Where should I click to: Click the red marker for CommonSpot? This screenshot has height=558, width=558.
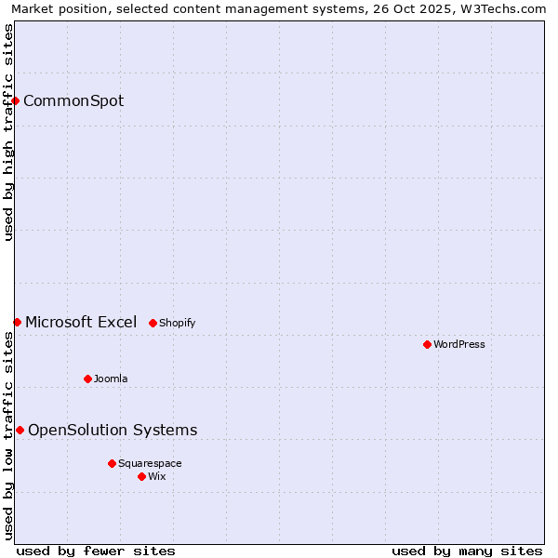(16, 100)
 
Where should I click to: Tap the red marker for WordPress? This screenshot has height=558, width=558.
(427, 344)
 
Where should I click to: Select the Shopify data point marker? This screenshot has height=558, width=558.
(153, 323)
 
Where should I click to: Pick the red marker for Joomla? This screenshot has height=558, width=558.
(87, 379)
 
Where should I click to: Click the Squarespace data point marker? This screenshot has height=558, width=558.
(112, 463)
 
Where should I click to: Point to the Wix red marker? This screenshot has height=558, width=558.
(141, 476)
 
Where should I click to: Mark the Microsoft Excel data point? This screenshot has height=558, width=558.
(17, 322)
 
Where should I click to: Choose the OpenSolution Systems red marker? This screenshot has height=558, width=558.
(20, 430)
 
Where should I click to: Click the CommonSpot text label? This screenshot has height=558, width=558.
(73, 100)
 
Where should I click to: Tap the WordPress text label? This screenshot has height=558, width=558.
(459, 344)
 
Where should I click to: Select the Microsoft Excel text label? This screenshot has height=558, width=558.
(81, 322)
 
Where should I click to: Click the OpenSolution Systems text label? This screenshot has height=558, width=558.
(113, 430)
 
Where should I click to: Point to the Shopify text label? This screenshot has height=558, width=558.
(177, 323)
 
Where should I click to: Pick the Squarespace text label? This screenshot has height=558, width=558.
(150, 463)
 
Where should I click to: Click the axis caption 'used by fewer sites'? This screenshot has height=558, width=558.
(96, 551)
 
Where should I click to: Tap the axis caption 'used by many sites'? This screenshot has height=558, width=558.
(467, 551)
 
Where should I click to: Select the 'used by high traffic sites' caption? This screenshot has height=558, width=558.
(9, 132)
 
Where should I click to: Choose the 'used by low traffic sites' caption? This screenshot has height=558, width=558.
(9, 434)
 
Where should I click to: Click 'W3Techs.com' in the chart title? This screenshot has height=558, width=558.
(506, 9)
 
